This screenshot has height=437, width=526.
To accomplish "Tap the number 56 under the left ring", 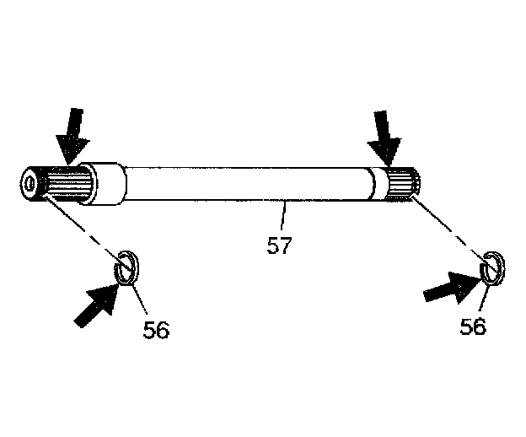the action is click(155, 329).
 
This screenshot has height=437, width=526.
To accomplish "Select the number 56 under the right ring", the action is click(473, 326).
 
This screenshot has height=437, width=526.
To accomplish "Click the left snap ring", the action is click(126, 269).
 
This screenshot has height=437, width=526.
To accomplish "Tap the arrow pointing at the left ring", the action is click(95, 303).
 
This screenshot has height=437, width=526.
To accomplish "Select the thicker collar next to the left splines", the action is click(106, 185).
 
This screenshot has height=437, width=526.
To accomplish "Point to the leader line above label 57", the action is click(285, 215).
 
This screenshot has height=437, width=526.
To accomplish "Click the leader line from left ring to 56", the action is click(139, 295).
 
